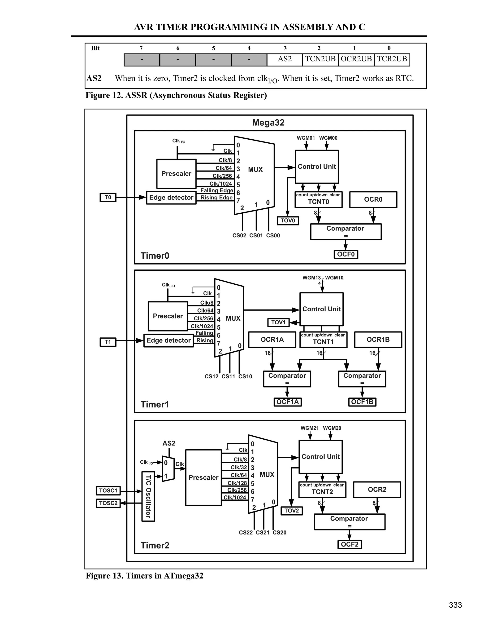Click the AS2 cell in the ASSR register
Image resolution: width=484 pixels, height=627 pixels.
click(x=285, y=59)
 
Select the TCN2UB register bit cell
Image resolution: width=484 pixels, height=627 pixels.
click(x=320, y=59)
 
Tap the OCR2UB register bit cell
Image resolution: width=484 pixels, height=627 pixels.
click(x=356, y=59)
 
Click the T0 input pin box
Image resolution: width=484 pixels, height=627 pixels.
click(x=108, y=198)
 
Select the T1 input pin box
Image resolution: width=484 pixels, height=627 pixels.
click(x=108, y=342)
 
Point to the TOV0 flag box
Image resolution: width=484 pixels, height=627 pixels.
click(x=288, y=221)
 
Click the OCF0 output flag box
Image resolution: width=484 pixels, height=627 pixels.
click(x=346, y=254)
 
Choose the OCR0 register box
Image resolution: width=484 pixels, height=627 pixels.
click(x=373, y=199)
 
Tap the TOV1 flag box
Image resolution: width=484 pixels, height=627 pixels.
click(x=278, y=322)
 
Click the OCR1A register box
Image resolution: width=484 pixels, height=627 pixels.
click(x=272, y=340)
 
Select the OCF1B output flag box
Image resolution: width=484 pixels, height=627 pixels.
click(x=362, y=402)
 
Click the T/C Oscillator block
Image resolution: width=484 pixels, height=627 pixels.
click(x=148, y=496)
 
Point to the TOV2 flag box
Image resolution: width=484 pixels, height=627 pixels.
click(x=291, y=511)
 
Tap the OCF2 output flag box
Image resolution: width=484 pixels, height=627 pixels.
click(x=350, y=544)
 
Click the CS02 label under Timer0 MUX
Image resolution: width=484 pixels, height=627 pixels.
click(x=239, y=235)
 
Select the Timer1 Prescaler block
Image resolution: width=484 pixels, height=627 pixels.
click(x=168, y=316)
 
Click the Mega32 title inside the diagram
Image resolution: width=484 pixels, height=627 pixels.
click(x=268, y=123)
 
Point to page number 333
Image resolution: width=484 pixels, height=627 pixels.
click(x=455, y=605)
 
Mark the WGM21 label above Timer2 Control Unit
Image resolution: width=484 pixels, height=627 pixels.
click(x=309, y=428)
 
